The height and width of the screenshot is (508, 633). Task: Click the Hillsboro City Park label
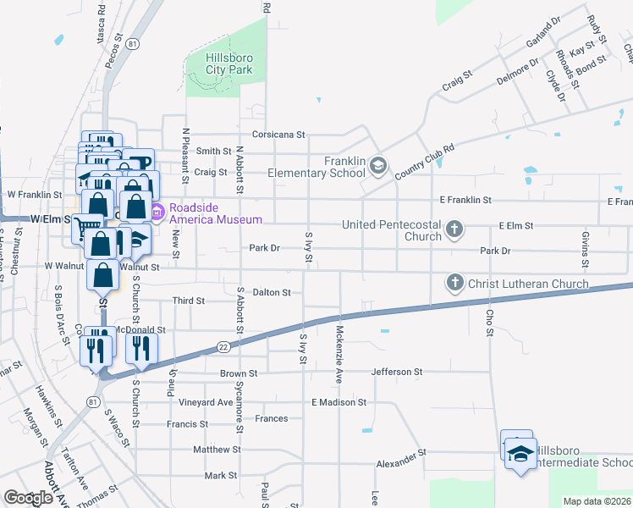click(x=229, y=63)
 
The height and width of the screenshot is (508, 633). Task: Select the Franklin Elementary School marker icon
click(x=378, y=165)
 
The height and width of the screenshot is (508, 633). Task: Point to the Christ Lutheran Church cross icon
click(x=454, y=282)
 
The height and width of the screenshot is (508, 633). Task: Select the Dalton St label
click(x=272, y=292)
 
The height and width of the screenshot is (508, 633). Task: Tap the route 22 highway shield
click(x=223, y=346)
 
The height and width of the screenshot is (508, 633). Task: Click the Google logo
click(x=28, y=498)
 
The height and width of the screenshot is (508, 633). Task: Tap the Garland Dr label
click(x=543, y=34)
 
